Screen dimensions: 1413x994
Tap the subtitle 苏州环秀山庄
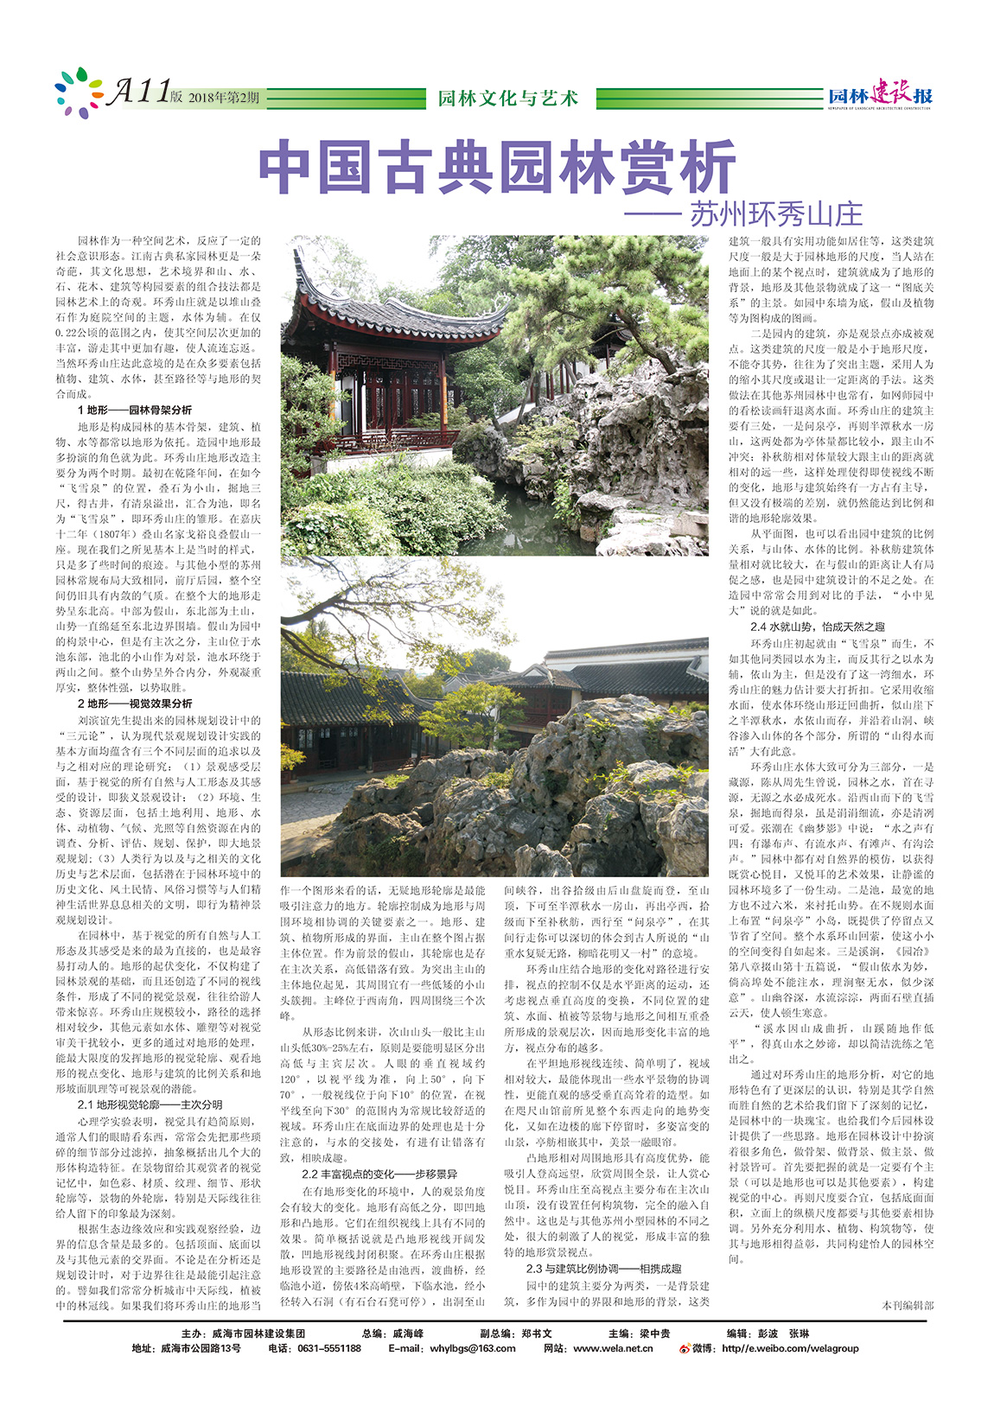click(x=775, y=213)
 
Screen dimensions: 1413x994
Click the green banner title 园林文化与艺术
click(x=507, y=98)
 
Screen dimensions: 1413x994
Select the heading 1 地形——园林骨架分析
click(x=134, y=410)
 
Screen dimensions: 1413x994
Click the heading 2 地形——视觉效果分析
click(x=134, y=703)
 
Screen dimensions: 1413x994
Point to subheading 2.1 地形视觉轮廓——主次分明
click(x=150, y=1104)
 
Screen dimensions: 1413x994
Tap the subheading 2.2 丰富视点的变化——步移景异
click(x=379, y=1174)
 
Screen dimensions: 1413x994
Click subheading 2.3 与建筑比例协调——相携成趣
click(x=603, y=1269)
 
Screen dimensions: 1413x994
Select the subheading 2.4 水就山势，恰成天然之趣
click(x=817, y=627)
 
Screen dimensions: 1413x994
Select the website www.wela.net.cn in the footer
click(x=612, y=1348)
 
